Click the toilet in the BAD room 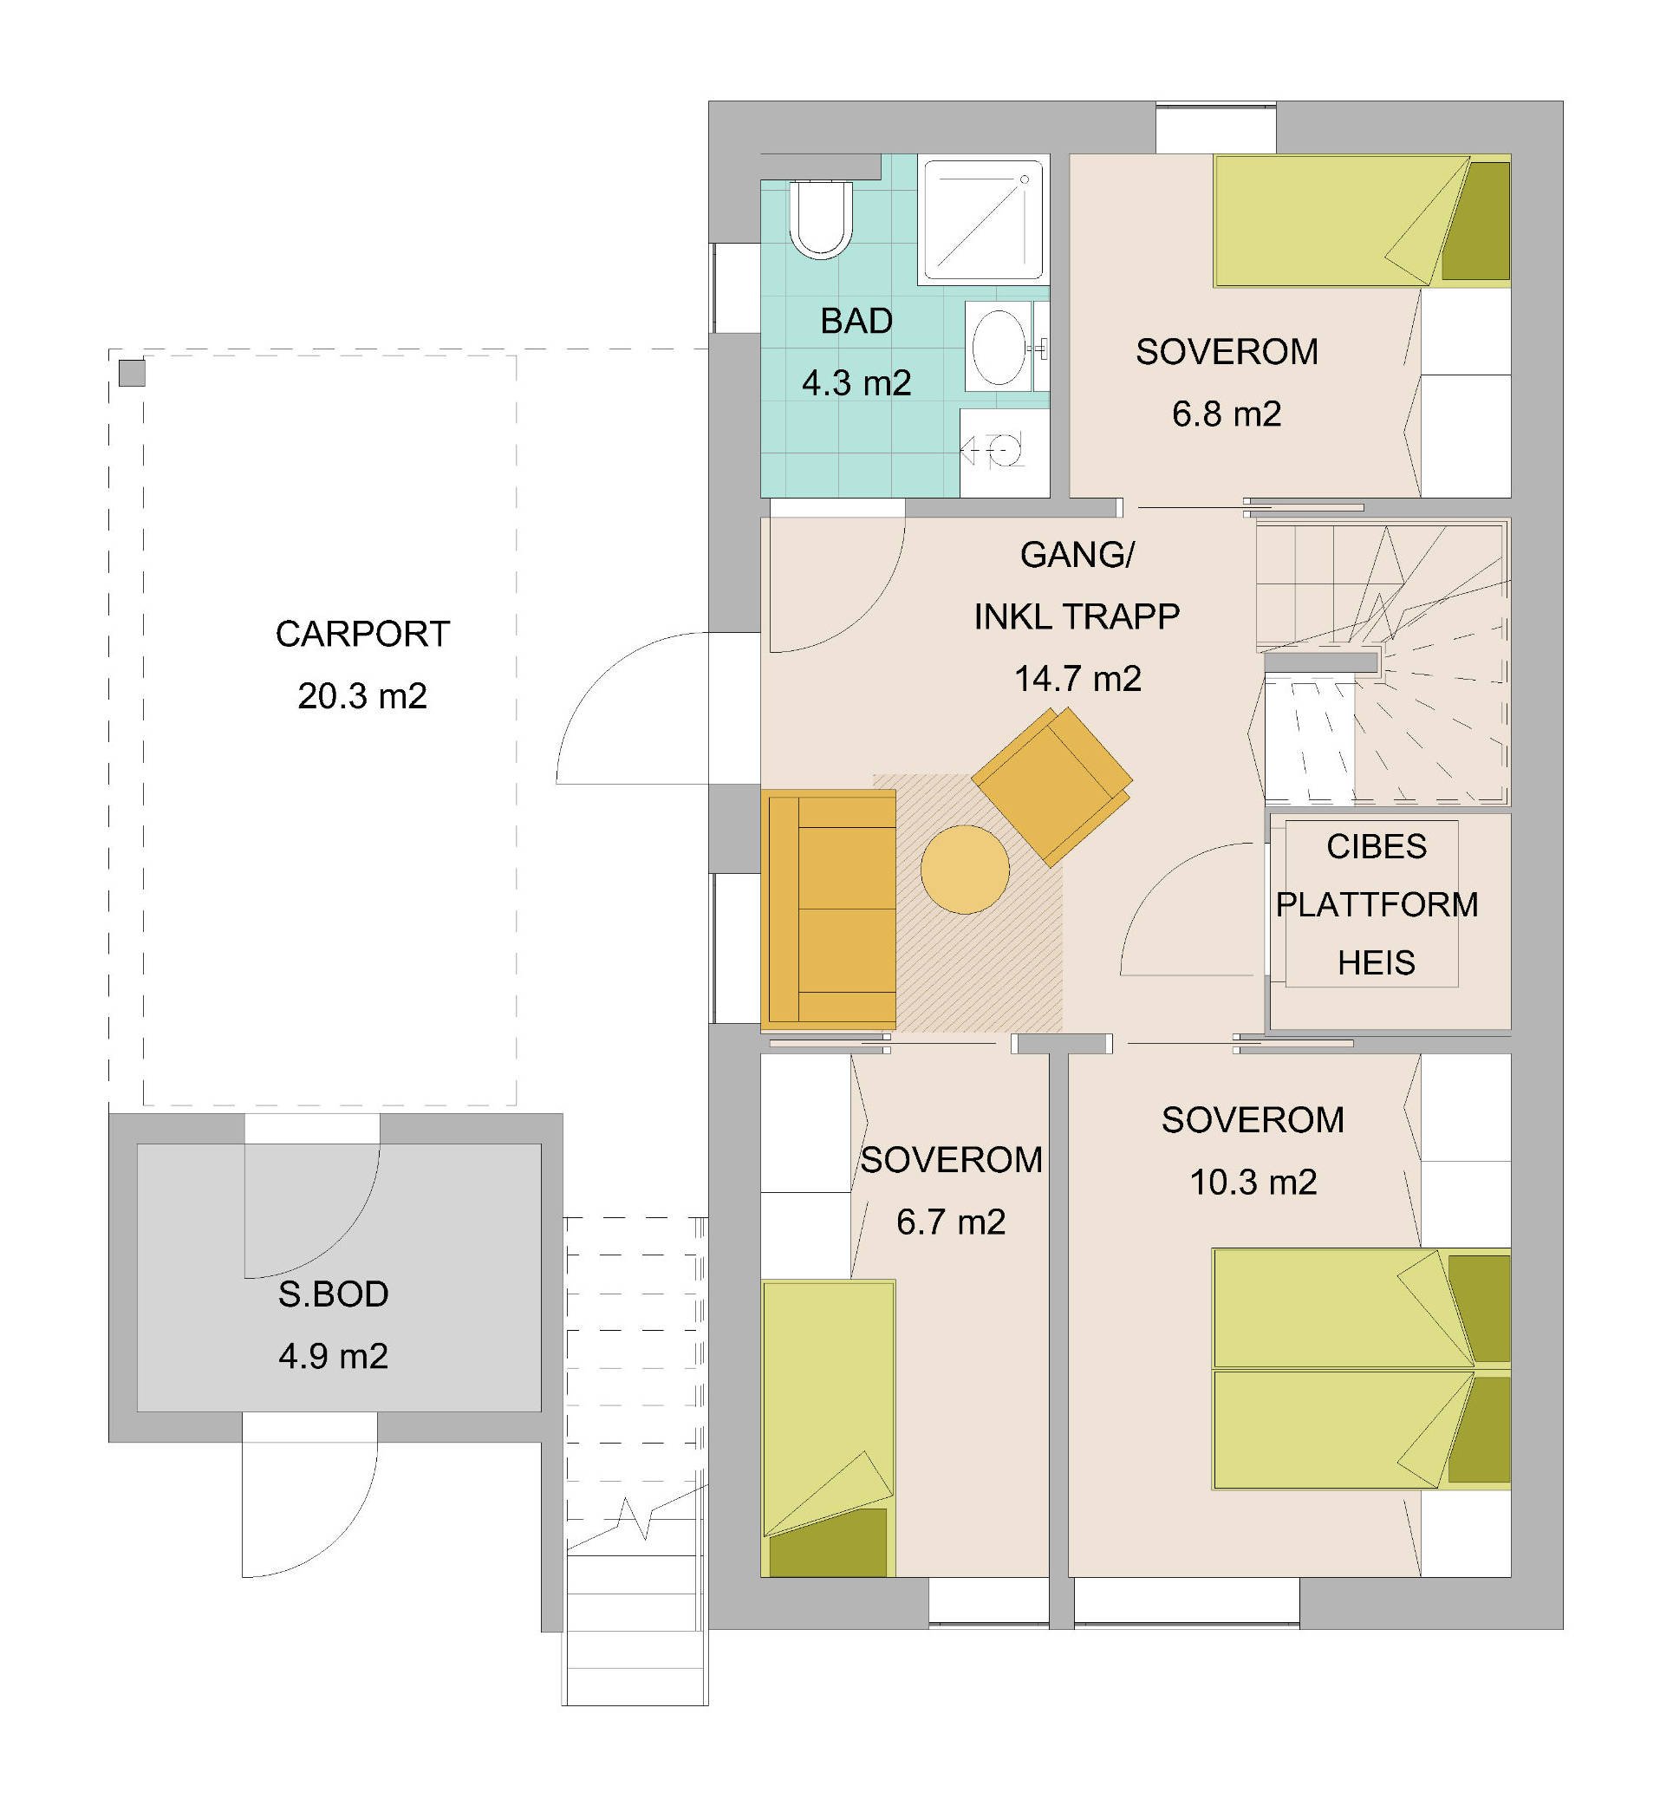[x=821, y=220]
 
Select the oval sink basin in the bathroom [x=999, y=347]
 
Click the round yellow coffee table [x=965, y=870]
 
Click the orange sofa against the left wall [x=830, y=910]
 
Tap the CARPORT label [x=362, y=634]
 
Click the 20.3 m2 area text [x=362, y=695]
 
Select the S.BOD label [x=333, y=1294]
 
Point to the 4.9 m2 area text [x=333, y=1356]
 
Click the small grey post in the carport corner [x=132, y=373]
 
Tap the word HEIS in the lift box [x=1376, y=962]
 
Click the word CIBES [x=1376, y=847]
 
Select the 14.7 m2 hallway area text [x=1077, y=678]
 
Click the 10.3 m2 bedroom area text [x=1253, y=1182]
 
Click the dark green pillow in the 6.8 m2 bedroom [x=1475, y=221]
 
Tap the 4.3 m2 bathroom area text [x=856, y=383]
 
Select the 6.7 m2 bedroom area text [x=951, y=1222]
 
